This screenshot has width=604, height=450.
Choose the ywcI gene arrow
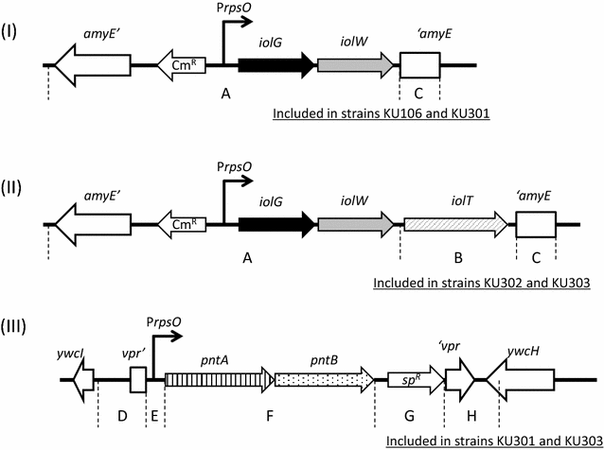click(84, 381)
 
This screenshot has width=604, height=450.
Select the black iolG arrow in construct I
click(275, 65)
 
